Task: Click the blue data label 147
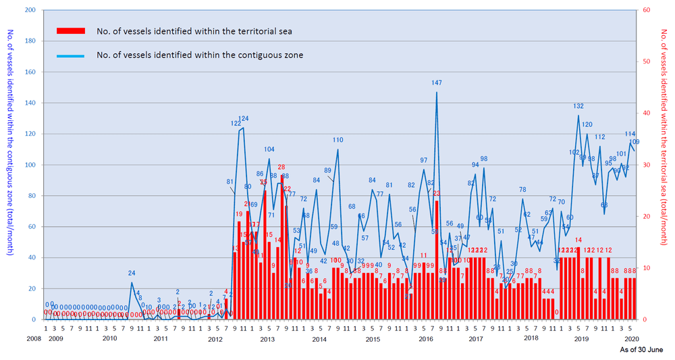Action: click(437, 83)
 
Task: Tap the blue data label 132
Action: click(578, 106)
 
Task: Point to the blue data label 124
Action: click(243, 119)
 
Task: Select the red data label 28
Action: click(281, 167)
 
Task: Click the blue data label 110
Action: click(337, 140)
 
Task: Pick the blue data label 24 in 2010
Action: click(132, 273)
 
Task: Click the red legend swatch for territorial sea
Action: click(71, 31)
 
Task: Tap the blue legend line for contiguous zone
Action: click(71, 55)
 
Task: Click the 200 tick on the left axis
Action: click(30, 10)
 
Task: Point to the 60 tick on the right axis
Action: click(646, 10)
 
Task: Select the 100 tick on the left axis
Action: click(30, 165)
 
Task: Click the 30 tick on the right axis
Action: click(646, 165)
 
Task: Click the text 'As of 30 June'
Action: click(641, 351)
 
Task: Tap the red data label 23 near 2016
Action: click(437, 193)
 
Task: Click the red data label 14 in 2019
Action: click(578, 240)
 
